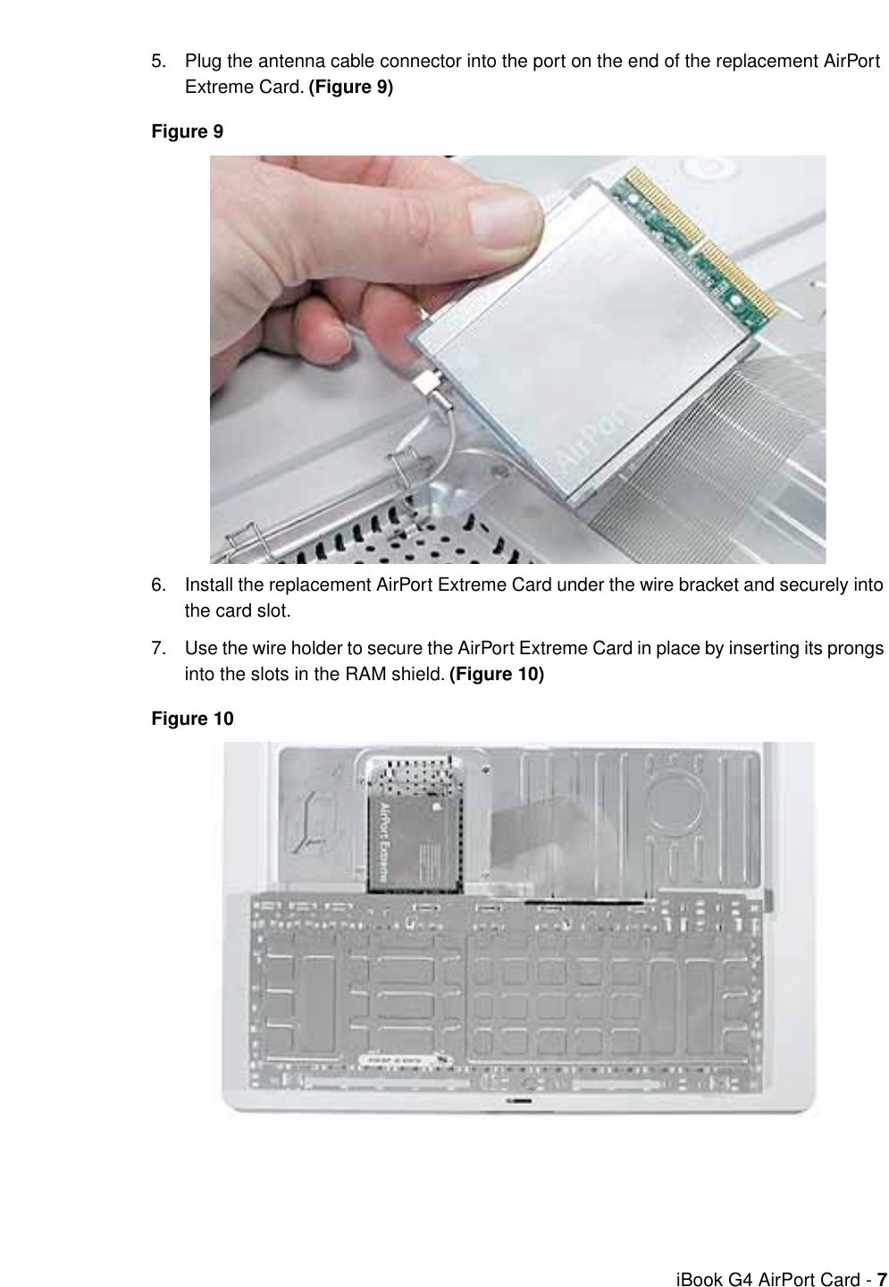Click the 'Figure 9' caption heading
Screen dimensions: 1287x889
(187, 132)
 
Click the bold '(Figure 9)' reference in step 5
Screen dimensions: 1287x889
(350, 88)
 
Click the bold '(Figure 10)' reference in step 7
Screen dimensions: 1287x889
(496, 674)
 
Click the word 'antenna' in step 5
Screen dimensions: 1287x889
(288, 62)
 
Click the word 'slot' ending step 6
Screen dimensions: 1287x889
(274, 612)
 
